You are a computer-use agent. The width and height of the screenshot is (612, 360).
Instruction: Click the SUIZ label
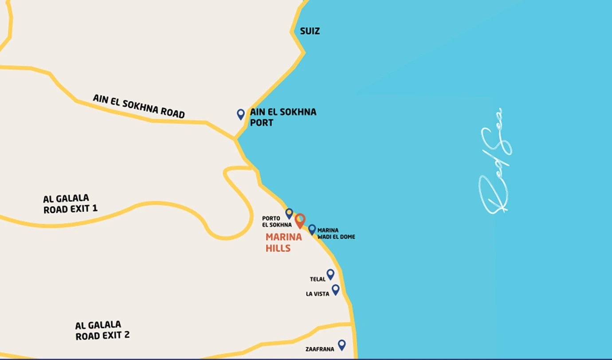click(x=310, y=31)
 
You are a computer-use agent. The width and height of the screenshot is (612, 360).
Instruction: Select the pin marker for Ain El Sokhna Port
click(x=241, y=114)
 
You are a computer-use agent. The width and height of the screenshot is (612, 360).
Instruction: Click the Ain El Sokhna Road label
click(x=138, y=106)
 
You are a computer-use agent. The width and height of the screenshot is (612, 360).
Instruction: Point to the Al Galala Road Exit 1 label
click(x=70, y=203)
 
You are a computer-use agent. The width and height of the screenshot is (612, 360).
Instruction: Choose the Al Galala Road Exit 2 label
click(x=102, y=331)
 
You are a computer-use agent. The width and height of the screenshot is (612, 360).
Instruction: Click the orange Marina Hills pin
click(x=300, y=220)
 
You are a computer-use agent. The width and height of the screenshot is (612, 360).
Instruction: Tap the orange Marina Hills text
click(x=284, y=243)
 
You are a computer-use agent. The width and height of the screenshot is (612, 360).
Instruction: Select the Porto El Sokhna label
click(x=277, y=222)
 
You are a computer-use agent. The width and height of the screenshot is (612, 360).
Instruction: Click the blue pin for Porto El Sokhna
click(x=289, y=213)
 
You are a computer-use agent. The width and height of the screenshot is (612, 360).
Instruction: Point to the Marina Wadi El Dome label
click(x=336, y=234)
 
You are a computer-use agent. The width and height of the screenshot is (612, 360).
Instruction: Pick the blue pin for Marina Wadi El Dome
click(x=312, y=229)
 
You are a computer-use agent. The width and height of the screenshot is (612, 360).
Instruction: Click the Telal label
click(x=318, y=279)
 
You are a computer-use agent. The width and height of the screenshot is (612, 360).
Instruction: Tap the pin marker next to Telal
click(x=330, y=274)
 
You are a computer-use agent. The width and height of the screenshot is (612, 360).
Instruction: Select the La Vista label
click(x=318, y=294)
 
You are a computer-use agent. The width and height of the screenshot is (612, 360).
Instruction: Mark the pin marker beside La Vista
click(x=336, y=290)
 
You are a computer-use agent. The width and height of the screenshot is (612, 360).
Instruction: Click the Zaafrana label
click(x=320, y=349)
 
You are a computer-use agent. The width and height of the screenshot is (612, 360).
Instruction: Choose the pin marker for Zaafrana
click(x=341, y=344)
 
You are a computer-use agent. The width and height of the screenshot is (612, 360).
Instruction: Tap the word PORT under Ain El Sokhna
click(x=262, y=122)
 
